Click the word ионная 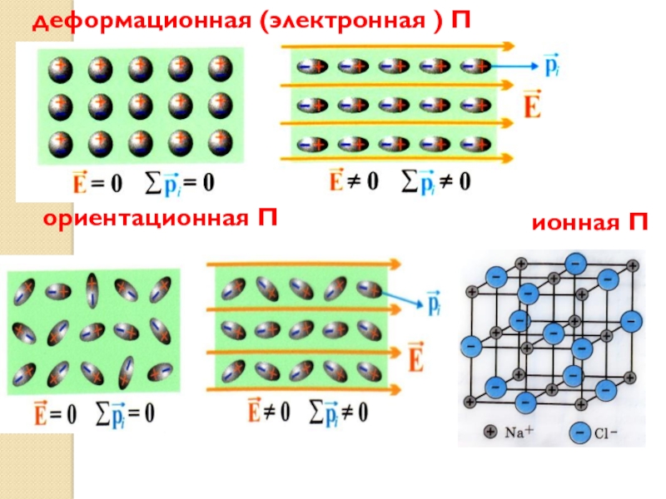(568, 224)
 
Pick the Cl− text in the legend (606, 433)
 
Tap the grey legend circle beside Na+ (491, 432)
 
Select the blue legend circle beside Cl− (578, 432)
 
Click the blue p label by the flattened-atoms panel (527, 63)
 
